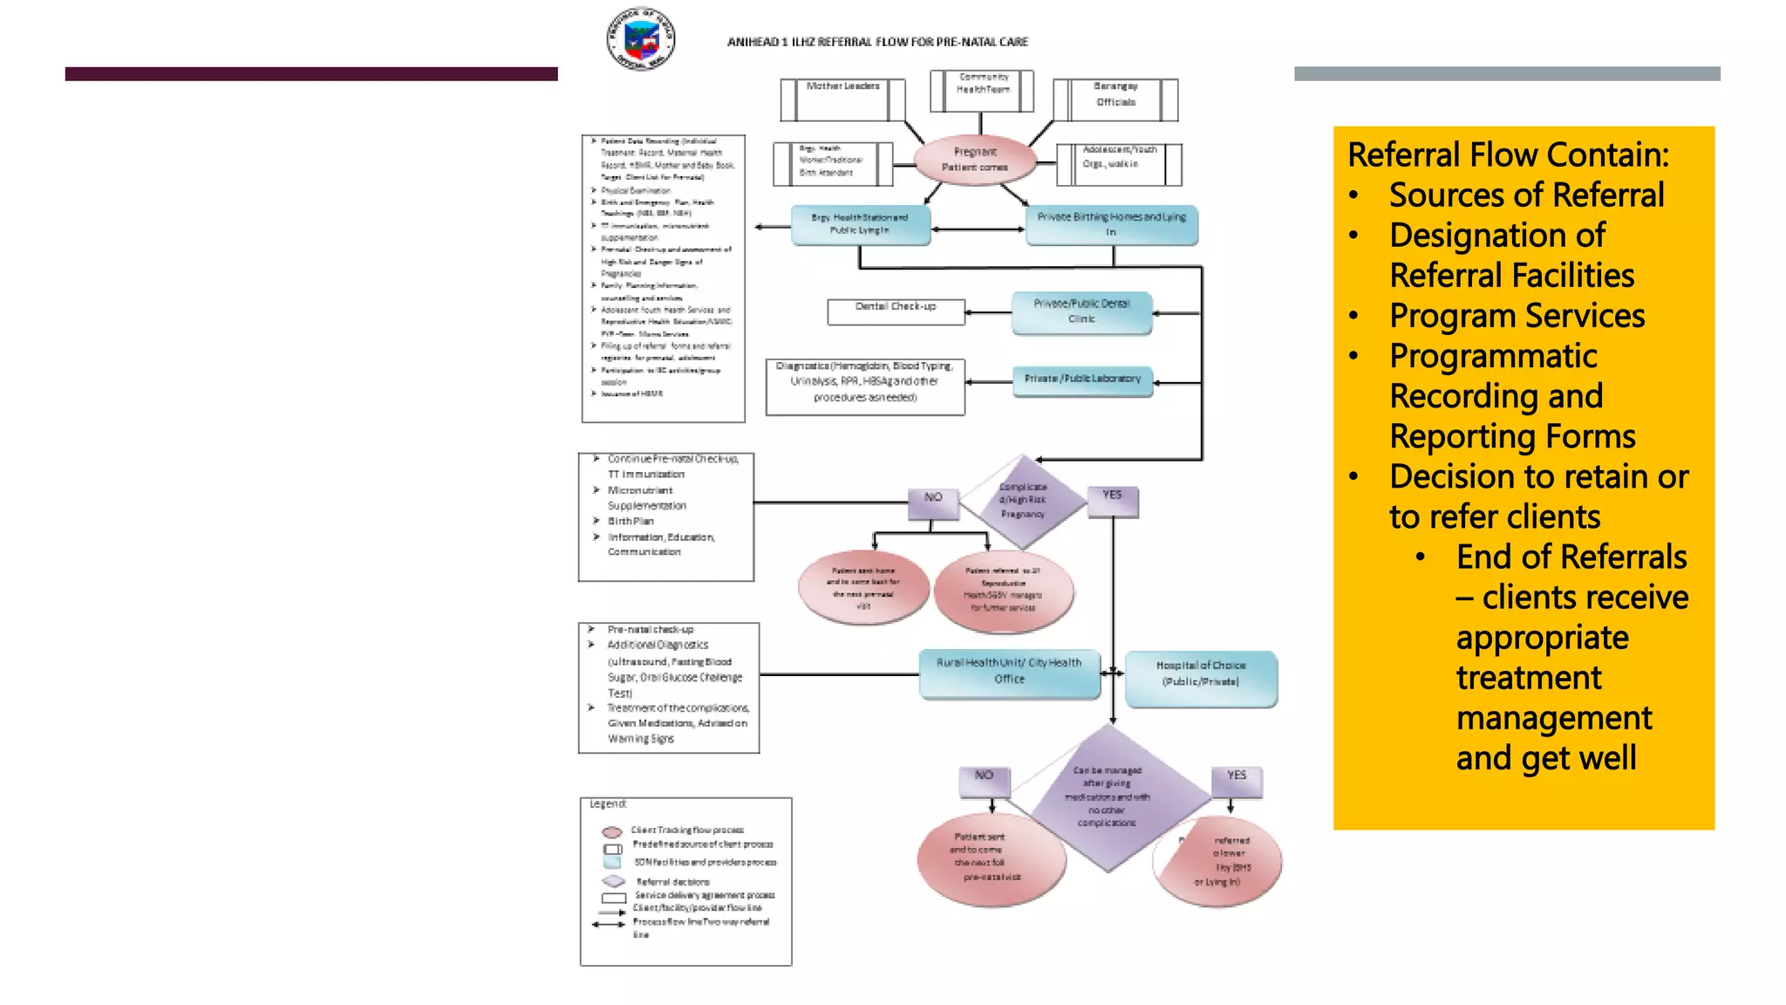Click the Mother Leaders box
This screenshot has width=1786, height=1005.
842,99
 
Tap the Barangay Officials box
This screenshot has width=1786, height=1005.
1115,99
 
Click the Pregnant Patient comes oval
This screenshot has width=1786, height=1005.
975,160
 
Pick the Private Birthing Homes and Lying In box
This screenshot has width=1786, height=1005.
1112,225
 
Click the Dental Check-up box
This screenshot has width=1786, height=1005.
896,311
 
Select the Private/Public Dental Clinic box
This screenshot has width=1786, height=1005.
1081,312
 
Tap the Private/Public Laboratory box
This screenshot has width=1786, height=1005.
1082,380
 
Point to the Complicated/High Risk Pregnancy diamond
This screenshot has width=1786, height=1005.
1023,502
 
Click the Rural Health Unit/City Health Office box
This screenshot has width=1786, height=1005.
1009,673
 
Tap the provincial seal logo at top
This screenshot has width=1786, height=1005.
640,38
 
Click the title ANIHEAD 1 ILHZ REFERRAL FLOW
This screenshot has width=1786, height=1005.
877,42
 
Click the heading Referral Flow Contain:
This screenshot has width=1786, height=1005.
1508,155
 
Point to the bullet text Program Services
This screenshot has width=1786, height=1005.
1517,316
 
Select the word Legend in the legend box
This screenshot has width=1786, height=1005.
608,803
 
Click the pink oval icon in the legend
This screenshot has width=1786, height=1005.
612,831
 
